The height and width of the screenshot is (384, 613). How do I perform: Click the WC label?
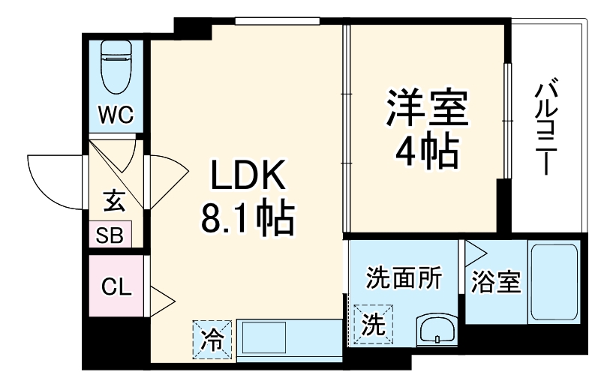pyautogui.click(x=116, y=115)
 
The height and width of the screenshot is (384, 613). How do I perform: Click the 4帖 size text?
pyautogui.click(x=427, y=152)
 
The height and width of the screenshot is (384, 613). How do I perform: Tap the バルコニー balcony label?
pyautogui.click(x=545, y=128)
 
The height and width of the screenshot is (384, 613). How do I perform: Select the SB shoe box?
pyautogui.click(x=110, y=235)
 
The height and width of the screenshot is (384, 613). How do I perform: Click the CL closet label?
pyautogui.click(x=116, y=286)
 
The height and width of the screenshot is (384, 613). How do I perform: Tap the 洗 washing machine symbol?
pyautogui.click(x=373, y=323)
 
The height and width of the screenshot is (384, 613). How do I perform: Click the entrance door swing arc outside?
pyautogui.click(x=53, y=180)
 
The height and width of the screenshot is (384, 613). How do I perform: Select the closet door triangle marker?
pyautogui.click(x=162, y=301)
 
